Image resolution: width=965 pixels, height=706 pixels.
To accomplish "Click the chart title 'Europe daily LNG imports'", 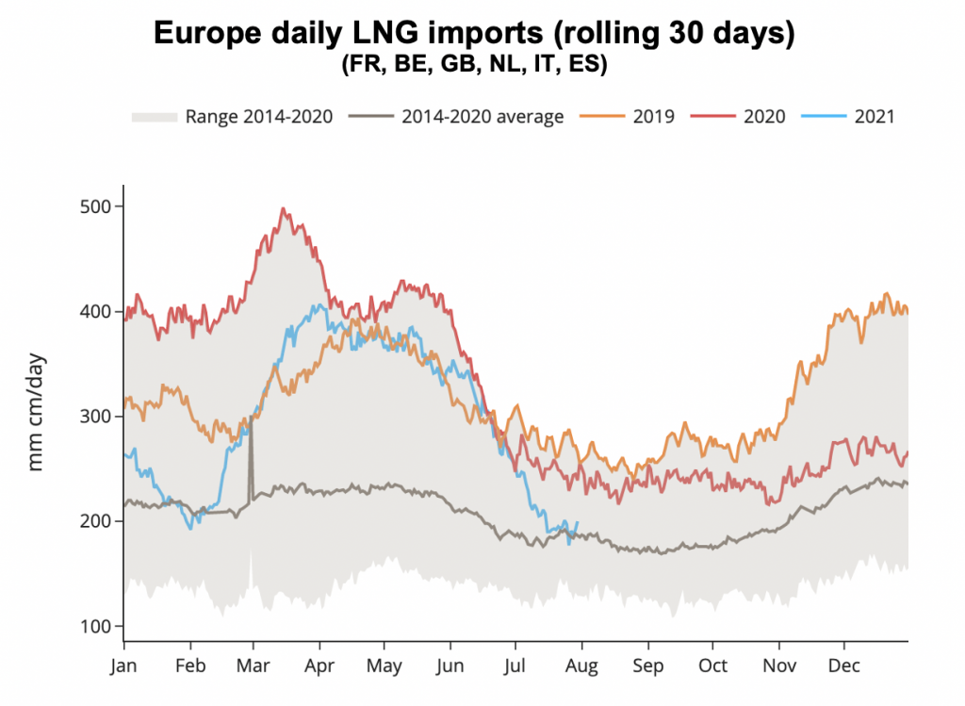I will pos(474,34).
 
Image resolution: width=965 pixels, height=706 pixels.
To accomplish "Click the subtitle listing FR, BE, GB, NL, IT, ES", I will pos(474,66).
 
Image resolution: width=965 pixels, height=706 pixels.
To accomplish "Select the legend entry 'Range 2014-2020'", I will pos(232,117).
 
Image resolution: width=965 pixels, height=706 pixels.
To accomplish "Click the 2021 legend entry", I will pos(852,117).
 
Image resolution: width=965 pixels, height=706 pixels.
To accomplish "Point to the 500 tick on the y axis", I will pos(93,206).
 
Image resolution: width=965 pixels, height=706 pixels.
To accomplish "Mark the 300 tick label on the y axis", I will pos(93,416).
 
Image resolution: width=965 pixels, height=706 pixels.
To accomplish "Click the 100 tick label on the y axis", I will pos(93,626).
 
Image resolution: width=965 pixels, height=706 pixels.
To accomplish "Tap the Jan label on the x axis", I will pos(124,665).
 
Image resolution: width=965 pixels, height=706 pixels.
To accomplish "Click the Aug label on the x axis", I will pos(582,665).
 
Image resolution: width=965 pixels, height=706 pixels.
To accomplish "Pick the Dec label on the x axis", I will pos(844,665).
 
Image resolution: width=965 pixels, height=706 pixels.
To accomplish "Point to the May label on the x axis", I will pos(384,665).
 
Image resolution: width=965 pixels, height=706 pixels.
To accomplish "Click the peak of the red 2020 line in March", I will pos(284,209).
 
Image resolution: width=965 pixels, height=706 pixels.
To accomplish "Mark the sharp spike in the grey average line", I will pos(251,419).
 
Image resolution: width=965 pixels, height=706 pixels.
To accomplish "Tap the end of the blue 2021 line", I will pos(577,523).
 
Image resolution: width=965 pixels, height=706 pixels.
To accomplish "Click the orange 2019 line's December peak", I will pos(886,294).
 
